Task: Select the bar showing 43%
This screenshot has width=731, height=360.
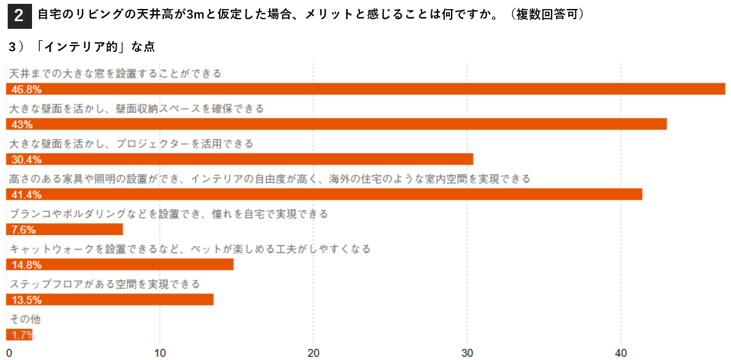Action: [x=336, y=124]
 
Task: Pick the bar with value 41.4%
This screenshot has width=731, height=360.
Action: [x=324, y=194]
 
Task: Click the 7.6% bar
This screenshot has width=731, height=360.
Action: [x=65, y=229]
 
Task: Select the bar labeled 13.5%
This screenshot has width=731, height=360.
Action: [x=110, y=299]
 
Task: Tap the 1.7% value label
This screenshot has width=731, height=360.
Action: [x=23, y=335]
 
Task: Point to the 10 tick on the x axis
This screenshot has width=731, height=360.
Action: [x=160, y=352]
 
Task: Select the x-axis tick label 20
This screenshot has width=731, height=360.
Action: [x=314, y=352]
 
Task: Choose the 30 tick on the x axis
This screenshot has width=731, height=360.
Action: [x=467, y=352]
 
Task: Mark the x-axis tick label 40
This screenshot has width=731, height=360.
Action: [x=621, y=352]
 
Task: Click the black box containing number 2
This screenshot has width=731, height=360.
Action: [x=19, y=16]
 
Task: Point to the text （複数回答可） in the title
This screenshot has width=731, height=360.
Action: [x=545, y=15]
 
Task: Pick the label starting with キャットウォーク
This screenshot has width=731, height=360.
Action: [x=190, y=249]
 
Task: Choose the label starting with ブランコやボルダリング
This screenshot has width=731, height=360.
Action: [x=168, y=214]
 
